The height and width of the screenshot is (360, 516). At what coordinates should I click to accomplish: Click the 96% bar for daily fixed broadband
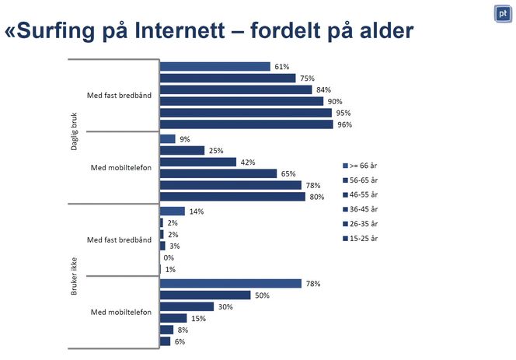pos(246,124)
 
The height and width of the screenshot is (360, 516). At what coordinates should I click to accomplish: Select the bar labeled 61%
pos(214,67)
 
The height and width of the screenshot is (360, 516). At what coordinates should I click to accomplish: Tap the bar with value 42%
pos(197,162)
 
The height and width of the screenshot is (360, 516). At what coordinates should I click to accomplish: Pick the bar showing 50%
pos(205,295)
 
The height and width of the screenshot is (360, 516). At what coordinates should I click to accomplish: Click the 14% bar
pos(172,211)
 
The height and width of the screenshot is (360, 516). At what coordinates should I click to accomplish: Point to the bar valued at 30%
pos(187,306)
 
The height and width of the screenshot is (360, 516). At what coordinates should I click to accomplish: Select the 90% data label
pos(335,102)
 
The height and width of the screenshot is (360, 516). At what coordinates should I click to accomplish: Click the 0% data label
pos(169,257)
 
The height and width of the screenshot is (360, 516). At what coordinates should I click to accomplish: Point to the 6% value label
pos(180,341)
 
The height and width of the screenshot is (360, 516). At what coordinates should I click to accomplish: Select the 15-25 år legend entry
pos(361,237)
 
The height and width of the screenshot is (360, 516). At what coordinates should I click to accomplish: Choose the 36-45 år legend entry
pos(361,208)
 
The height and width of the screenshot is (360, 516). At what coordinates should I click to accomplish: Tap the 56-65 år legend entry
pos(361,180)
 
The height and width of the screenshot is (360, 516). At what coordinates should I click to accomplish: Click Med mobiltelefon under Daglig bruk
pos(120,167)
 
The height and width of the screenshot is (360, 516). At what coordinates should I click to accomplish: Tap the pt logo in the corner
pos(502,13)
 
